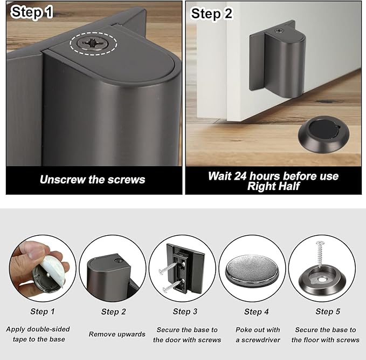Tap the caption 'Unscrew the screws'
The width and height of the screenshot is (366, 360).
(x=92, y=179)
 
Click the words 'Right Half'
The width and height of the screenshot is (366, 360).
(x=273, y=186)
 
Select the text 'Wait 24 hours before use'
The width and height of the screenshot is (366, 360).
(x=273, y=176)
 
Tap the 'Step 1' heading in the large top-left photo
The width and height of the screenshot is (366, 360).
(x=32, y=13)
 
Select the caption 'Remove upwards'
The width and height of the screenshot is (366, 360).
(x=117, y=334)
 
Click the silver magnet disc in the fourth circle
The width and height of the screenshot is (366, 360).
(x=252, y=268)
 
